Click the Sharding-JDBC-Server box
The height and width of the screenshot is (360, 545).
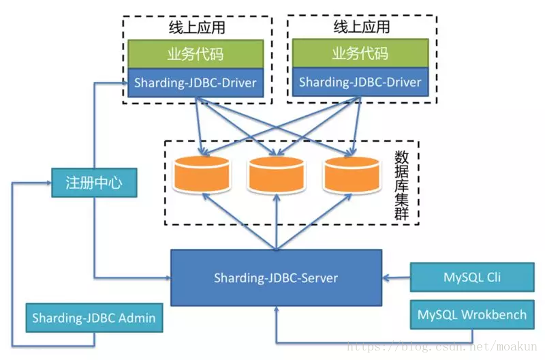277,277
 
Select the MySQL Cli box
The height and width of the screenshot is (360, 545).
472,277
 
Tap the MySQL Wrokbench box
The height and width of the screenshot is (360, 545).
472,314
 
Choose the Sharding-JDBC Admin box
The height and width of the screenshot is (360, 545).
94,318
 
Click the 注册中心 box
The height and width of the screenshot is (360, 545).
94,183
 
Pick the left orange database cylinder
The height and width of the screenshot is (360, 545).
202,175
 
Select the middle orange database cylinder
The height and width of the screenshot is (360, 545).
277,175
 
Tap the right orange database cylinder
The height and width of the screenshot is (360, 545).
352,175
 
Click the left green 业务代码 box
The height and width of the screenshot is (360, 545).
196,54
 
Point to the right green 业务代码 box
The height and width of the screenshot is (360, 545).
360,53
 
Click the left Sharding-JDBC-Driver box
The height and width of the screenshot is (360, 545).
196,82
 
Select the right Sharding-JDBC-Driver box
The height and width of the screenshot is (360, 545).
360,82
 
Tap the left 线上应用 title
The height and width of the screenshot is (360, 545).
197,27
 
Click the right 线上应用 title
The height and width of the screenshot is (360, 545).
362,27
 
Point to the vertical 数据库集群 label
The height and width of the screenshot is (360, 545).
401,185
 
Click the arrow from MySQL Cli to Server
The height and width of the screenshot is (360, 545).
396,277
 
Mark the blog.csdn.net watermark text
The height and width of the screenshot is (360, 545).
442,346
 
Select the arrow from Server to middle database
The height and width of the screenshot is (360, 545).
277,222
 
